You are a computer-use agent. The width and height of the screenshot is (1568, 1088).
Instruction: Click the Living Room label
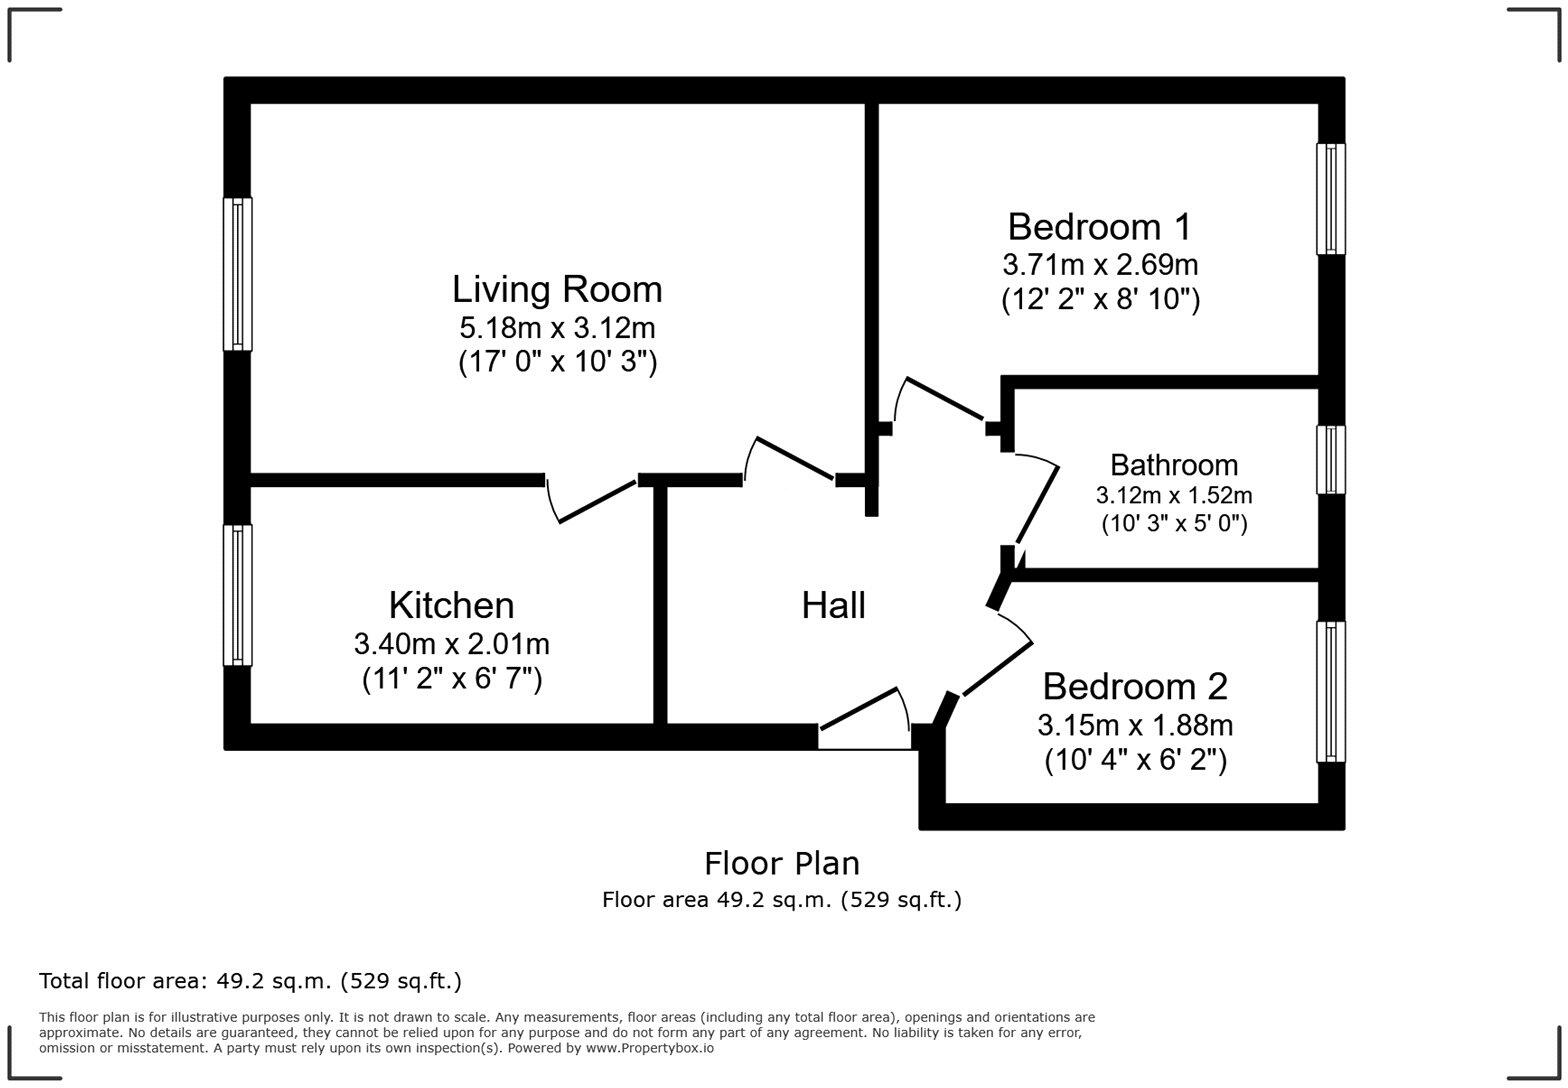coord(557,289)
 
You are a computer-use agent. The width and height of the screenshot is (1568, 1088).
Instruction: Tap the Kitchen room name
coord(452,605)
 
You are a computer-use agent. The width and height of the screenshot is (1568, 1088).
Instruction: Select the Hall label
coord(833,605)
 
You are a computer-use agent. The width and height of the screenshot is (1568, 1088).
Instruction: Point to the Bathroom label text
coord(1174,465)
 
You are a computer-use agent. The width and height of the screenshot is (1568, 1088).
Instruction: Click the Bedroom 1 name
coord(1099,227)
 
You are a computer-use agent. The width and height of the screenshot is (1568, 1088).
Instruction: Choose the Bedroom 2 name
coord(1135,686)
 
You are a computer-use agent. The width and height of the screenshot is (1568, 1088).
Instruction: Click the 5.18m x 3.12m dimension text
coord(557,327)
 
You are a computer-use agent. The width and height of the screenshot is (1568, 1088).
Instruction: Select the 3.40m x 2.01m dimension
coord(452,643)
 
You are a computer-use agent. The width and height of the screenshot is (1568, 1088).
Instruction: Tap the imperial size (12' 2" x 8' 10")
coord(1100,300)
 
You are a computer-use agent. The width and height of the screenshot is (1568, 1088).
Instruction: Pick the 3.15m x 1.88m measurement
coord(1135,725)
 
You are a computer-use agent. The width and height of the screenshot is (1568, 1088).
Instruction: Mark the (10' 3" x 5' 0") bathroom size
coord(1174,523)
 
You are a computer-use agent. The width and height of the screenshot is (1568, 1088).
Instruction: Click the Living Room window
coord(238,274)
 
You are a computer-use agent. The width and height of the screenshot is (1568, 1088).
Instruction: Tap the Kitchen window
coord(238,595)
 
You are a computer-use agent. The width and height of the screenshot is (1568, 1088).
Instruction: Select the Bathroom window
coord(1330,460)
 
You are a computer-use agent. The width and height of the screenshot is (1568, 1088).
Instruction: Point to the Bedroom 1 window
coord(1330,199)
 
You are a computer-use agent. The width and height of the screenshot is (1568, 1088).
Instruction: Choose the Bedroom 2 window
coord(1330,692)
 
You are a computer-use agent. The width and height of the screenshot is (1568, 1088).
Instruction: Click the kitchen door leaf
coord(597,502)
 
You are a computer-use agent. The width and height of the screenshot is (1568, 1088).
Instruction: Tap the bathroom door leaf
coord(1037,505)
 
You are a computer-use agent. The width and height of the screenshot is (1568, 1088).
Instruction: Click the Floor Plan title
coord(782,863)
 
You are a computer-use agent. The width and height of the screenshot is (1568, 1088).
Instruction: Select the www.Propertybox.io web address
coord(650,1048)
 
